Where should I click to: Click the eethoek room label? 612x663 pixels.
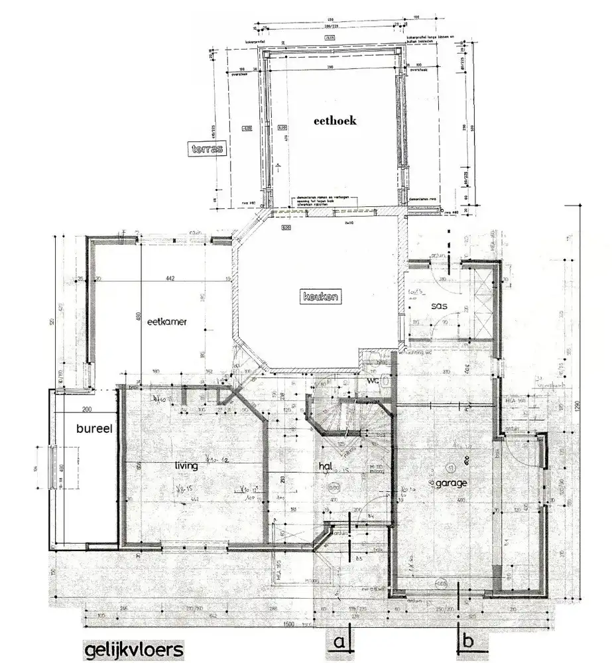(336, 121)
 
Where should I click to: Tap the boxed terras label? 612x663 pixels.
(206, 149)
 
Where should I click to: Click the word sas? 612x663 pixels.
(438, 306)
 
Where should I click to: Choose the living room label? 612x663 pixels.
(186, 466)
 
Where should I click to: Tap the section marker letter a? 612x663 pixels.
(339, 642)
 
